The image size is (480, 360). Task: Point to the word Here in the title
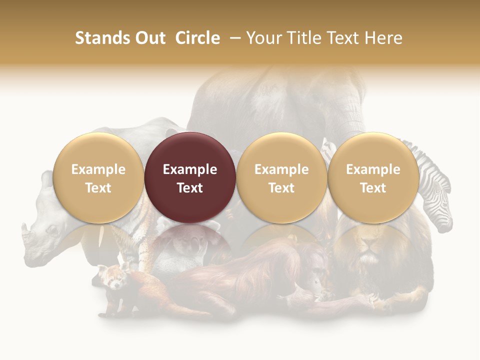tap(383, 38)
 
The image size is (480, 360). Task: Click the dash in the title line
tap(234, 38)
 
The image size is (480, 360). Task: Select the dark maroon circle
tap(190, 177)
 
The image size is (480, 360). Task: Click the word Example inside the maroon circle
tap(190, 169)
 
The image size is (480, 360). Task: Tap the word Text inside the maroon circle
tap(190, 188)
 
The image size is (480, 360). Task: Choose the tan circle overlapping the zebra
tap(373, 177)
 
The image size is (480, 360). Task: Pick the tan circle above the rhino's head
tap(98, 177)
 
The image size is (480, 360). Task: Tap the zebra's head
tap(437, 205)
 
